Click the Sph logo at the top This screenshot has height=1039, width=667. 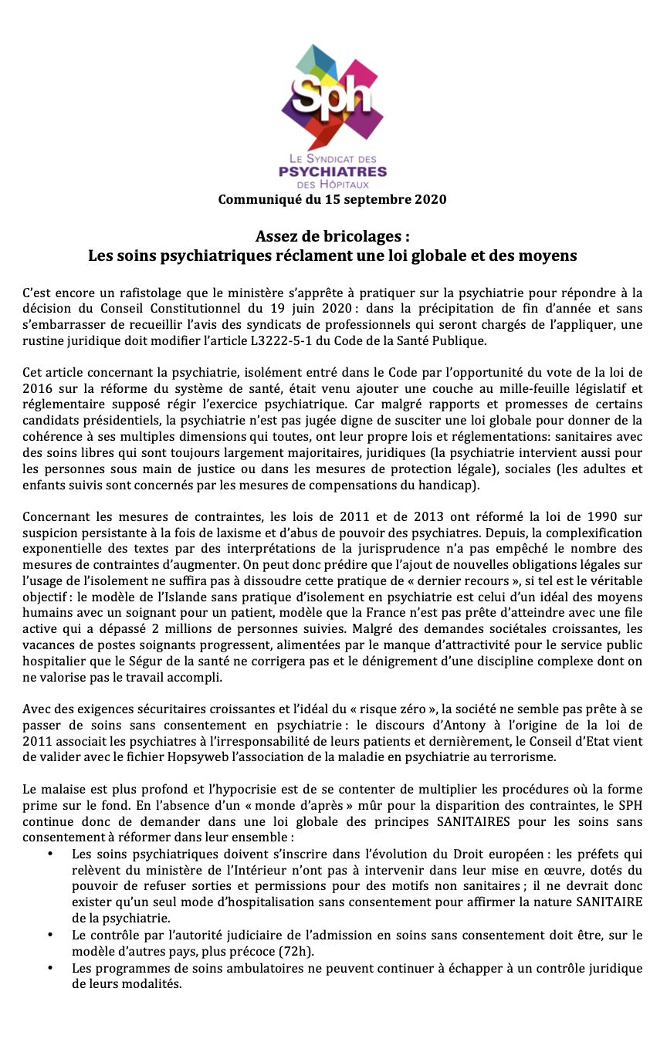(x=332, y=96)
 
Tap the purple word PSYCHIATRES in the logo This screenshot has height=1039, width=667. (x=332, y=171)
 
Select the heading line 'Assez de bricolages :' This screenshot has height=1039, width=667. (x=332, y=235)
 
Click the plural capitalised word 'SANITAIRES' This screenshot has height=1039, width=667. (x=473, y=821)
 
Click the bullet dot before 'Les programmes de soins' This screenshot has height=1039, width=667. (x=50, y=967)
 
